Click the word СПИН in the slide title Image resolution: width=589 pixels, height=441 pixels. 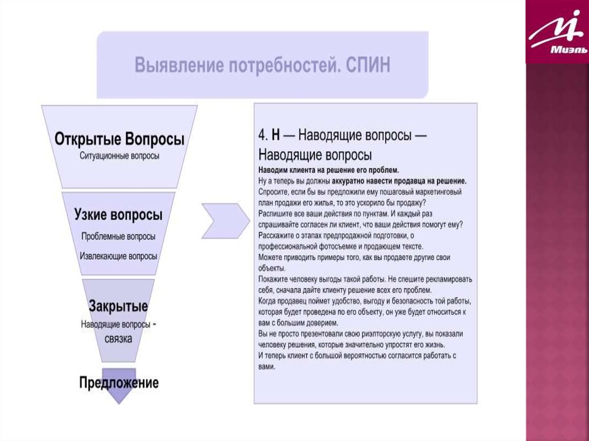click(x=368, y=65)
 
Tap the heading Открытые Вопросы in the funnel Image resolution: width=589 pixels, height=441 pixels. click(x=120, y=140)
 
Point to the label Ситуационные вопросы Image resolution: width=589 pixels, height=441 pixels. click(x=120, y=155)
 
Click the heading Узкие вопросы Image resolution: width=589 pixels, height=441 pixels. click(x=118, y=215)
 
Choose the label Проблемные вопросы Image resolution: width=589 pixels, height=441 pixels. click(x=118, y=236)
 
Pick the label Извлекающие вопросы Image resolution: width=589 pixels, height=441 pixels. click(x=118, y=256)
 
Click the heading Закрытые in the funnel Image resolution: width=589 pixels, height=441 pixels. click(x=118, y=305)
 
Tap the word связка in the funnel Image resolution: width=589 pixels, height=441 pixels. click(x=118, y=338)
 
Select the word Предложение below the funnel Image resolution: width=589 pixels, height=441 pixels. click(x=119, y=382)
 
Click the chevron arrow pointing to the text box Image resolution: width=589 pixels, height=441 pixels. click(x=225, y=220)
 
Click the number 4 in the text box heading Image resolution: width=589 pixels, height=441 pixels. click(x=262, y=136)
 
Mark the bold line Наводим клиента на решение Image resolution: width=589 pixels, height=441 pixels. click(x=328, y=170)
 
